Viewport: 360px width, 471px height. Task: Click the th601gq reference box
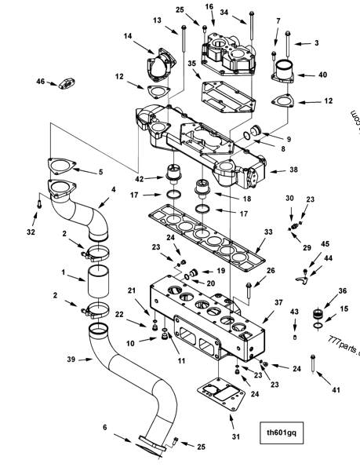[x=282, y=431]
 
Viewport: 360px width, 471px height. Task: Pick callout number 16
[x=209, y=6]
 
